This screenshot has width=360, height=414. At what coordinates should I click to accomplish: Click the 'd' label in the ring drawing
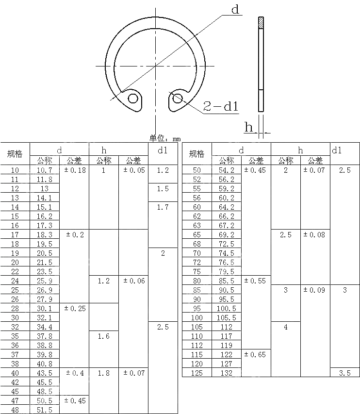click(236, 10)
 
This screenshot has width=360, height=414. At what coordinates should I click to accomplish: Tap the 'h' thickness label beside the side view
click(249, 127)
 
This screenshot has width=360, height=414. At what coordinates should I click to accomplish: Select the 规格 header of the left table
click(15, 154)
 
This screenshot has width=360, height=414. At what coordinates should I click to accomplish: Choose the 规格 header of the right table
click(196, 154)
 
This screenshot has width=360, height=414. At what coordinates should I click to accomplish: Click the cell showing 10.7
click(45, 170)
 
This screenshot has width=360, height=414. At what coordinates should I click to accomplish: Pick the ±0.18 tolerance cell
click(74, 170)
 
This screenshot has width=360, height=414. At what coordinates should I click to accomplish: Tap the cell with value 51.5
click(45, 410)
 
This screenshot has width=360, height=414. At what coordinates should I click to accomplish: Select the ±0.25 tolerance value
click(74, 308)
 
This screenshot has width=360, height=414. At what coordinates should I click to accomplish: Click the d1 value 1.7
click(163, 207)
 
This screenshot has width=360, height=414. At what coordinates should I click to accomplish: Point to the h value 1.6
click(104, 336)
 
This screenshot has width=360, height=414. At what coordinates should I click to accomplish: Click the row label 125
click(196, 373)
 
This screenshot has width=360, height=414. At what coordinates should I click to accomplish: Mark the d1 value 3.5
click(344, 373)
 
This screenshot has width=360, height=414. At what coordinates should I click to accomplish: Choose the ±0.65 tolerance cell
click(256, 354)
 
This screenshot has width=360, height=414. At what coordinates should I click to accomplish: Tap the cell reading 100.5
click(226, 308)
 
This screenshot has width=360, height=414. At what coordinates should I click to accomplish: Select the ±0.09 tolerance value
click(315, 290)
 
